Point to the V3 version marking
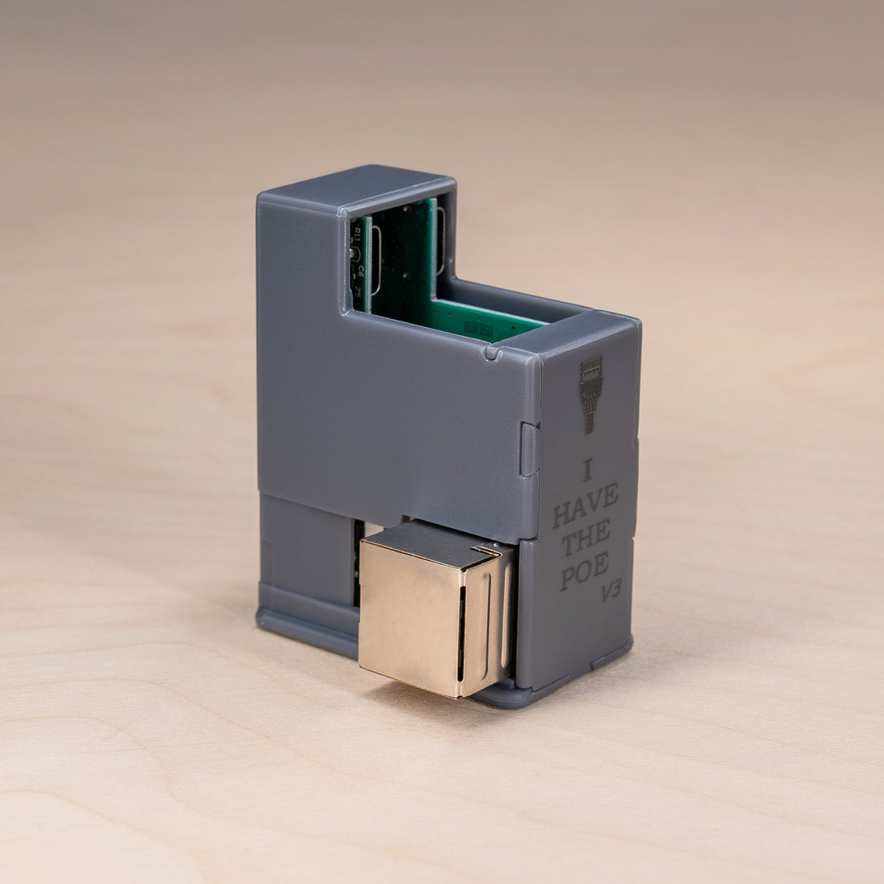612,593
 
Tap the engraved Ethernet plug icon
591,394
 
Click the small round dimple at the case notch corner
492,351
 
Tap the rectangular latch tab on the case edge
529,449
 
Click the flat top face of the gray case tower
354,183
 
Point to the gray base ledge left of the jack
305,619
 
